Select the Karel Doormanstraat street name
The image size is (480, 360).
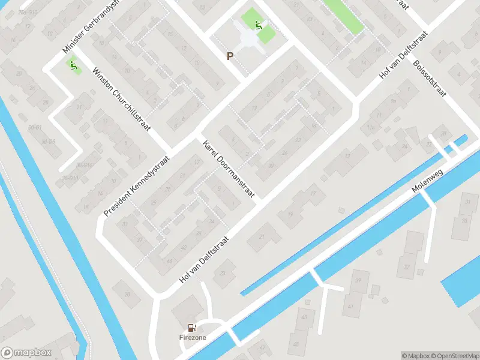point(229,170)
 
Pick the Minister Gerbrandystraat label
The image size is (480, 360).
point(91,27)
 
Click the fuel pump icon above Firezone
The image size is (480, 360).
point(191,328)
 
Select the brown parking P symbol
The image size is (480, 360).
point(229,56)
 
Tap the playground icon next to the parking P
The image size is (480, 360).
point(259,26)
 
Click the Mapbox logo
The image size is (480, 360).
point(26,353)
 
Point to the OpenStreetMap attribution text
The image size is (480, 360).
point(455,355)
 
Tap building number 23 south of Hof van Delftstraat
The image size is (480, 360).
point(223,274)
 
